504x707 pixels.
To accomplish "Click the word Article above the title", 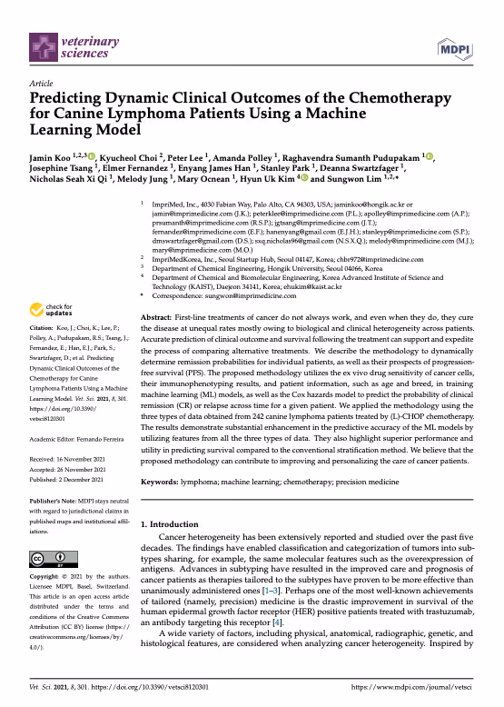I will pyautogui.click(x=42, y=82).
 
